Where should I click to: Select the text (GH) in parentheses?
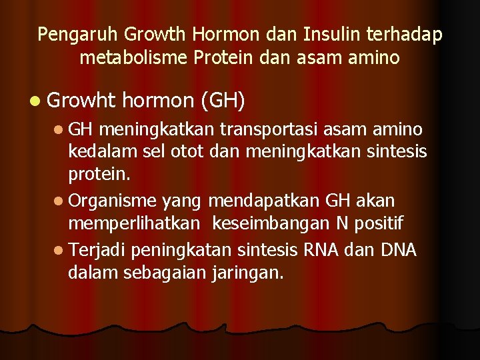click(222, 101)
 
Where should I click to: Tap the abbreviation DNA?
click(398, 250)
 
